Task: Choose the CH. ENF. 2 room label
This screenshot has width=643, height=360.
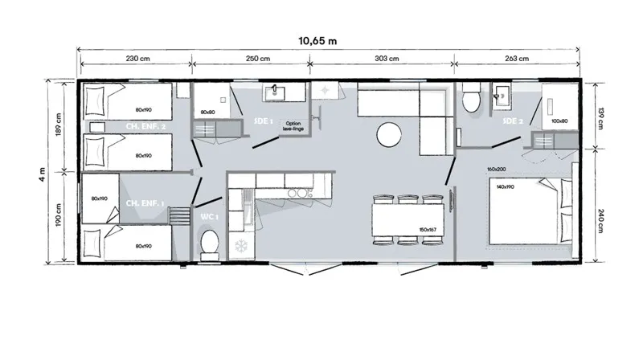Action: (x=146, y=125)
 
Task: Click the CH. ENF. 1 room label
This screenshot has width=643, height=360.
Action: (x=145, y=204)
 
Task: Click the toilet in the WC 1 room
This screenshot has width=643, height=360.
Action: (x=211, y=243)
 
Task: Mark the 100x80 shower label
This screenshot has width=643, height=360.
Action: (x=559, y=121)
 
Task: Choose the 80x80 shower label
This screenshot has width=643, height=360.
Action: (x=208, y=112)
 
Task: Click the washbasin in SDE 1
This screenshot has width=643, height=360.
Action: (x=279, y=90)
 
